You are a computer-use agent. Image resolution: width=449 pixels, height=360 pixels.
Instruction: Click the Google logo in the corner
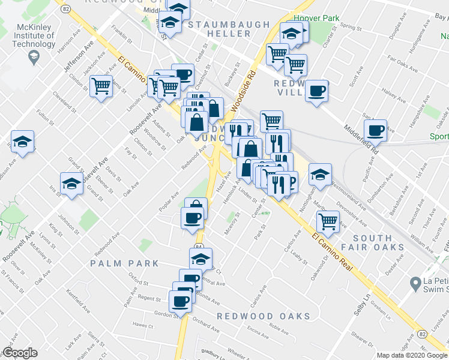20,353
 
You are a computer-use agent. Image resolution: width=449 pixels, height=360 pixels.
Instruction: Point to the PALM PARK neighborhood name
125,263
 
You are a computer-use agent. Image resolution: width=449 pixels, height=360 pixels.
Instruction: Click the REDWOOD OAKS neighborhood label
264,316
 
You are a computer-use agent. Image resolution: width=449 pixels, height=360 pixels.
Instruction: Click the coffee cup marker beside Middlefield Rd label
376,130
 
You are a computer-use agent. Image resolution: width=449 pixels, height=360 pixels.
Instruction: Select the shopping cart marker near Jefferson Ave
102,87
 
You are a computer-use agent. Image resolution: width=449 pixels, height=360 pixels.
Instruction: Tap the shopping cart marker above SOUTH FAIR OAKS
328,220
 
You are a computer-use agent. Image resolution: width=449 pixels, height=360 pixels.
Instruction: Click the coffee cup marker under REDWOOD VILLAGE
316,91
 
